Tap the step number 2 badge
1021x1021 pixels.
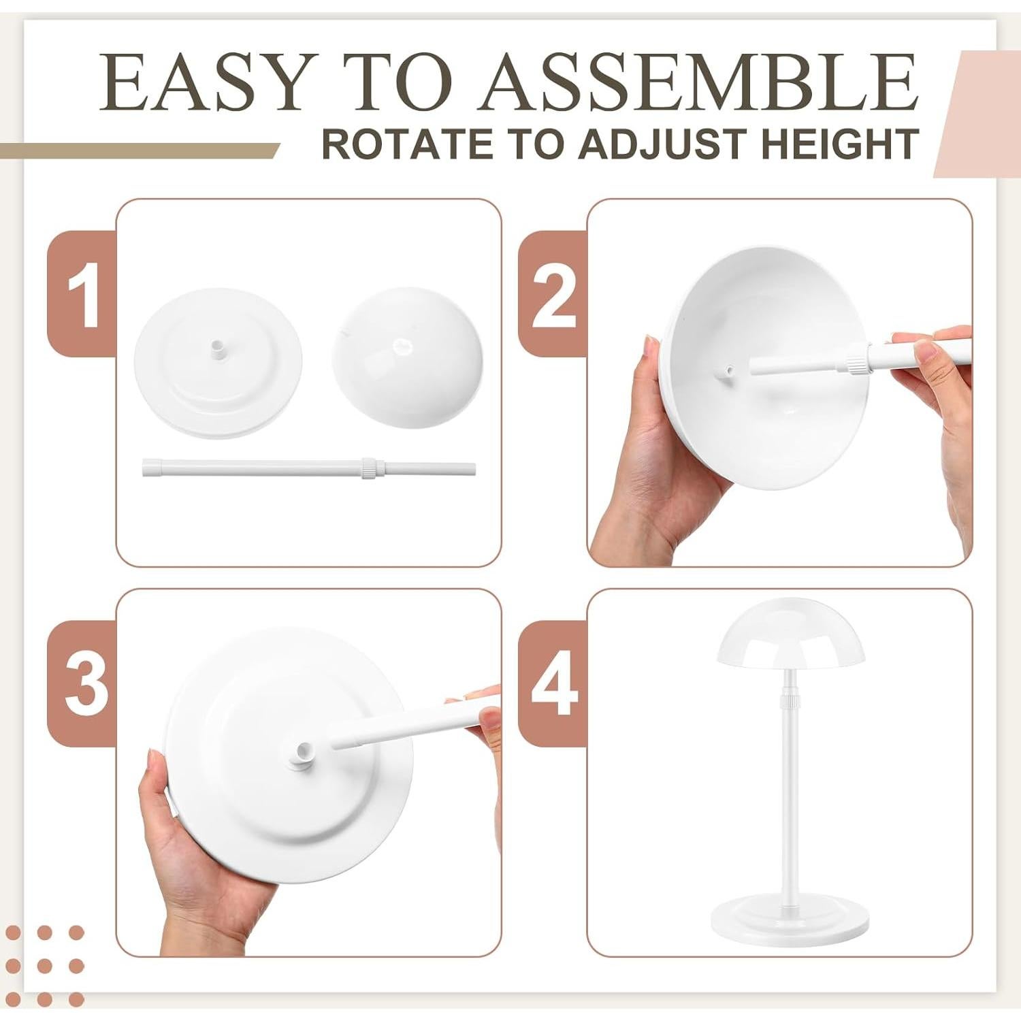[553, 294]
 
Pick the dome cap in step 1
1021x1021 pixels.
[407, 354]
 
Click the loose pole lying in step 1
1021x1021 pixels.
[272, 469]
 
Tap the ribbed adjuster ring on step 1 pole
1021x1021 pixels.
[368, 468]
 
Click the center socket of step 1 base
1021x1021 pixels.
[217, 350]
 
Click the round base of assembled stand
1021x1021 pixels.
[790, 926]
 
